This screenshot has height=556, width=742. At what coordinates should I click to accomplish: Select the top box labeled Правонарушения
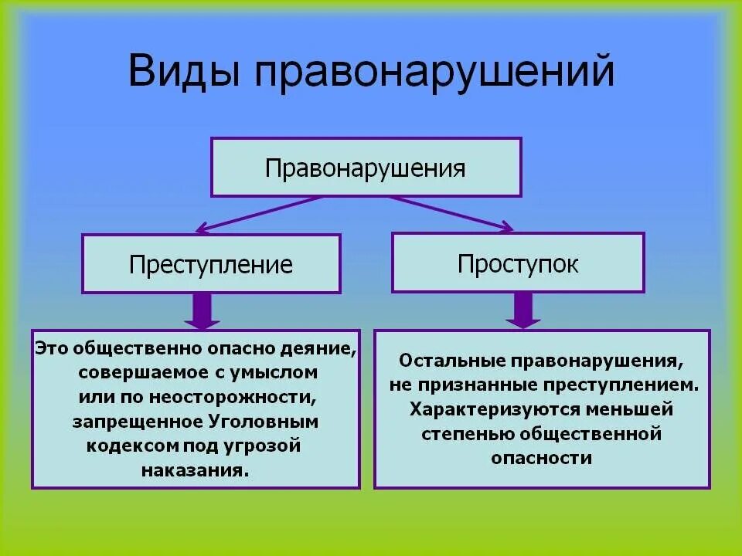coord(366,168)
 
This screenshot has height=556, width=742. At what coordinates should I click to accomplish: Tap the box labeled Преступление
coord(211,264)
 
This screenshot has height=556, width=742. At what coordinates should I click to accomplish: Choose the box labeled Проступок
coord(517,263)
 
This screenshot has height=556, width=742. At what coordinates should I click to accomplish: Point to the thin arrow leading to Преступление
coord(258,213)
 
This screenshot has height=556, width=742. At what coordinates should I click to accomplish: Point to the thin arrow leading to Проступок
coord(451,212)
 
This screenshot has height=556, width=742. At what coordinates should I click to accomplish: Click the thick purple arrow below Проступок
coord(523,310)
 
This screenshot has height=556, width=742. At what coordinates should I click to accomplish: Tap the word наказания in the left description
coord(196,470)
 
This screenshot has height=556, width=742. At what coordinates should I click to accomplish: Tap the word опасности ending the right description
coord(541,458)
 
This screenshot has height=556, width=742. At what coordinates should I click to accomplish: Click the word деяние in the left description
coord(323,347)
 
